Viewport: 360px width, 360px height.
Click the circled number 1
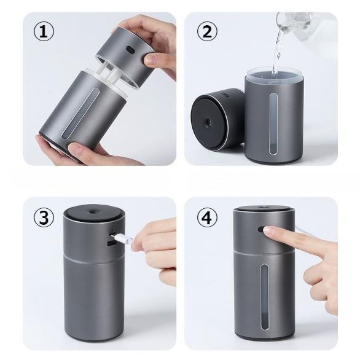(44, 31)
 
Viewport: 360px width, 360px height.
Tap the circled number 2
(207, 31)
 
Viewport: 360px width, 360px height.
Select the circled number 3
(44, 217)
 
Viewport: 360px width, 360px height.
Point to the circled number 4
(207, 217)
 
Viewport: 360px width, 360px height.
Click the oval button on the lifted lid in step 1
(130, 49)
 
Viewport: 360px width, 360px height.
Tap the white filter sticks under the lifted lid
(110, 74)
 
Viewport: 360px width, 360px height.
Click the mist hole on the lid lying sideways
(209, 121)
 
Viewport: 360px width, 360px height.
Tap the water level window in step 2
(273, 124)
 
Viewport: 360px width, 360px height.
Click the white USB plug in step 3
(124, 239)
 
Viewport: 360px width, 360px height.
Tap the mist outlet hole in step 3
(93, 211)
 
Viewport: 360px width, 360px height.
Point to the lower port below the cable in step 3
(111, 244)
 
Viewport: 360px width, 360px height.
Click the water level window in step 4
(264, 297)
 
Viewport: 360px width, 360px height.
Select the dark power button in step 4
(260, 229)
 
